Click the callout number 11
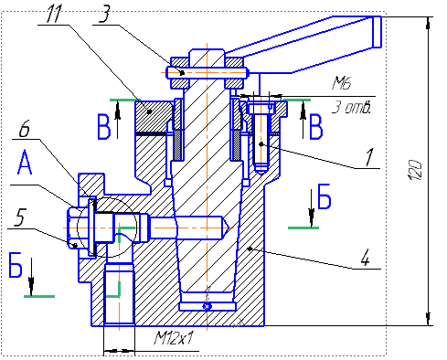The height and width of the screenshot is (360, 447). point(54,14)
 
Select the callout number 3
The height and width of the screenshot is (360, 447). point(105,14)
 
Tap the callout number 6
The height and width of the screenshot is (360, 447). point(25,129)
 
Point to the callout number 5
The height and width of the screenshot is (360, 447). point(19,217)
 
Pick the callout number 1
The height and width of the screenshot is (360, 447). point(369,157)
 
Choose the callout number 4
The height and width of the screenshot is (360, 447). point(366,258)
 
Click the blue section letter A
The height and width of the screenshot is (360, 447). point(25,163)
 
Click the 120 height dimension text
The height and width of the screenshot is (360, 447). point(415,169)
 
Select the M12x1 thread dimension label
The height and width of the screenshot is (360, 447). point(174,338)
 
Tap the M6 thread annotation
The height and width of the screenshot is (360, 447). point(342,83)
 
